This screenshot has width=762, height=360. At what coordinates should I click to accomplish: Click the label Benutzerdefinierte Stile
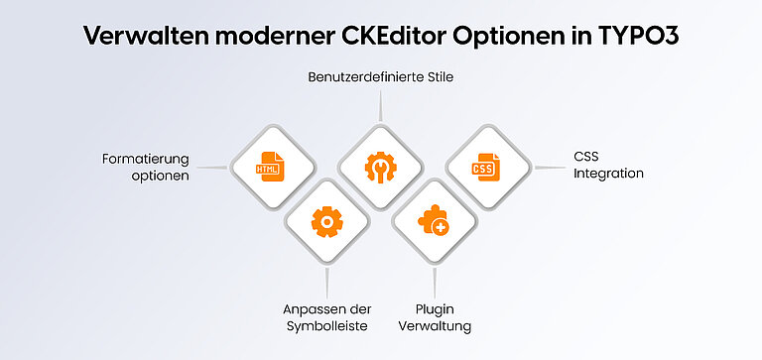pyautogui.click(x=381, y=75)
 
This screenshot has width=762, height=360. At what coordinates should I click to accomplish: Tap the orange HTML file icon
pyautogui.click(x=268, y=166)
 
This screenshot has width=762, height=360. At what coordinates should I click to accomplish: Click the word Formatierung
pyautogui.click(x=145, y=159)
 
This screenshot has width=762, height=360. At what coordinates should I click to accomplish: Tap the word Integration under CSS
pyautogui.click(x=608, y=174)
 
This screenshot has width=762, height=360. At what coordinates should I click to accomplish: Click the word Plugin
pyautogui.click(x=434, y=309)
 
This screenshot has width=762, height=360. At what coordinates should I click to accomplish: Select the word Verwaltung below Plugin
pyautogui.click(x=434, y=326)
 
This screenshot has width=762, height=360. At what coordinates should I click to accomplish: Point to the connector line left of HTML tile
pyautogui.click(x=211, y=167)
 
